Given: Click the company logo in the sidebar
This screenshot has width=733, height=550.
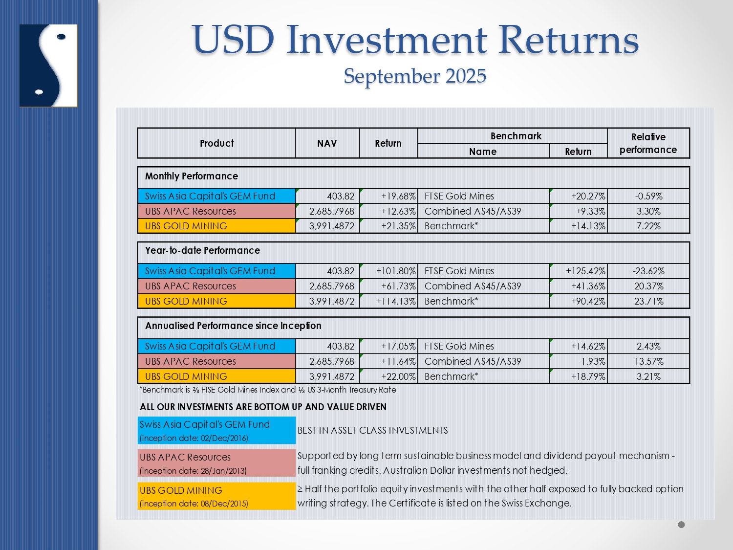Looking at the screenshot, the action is (48, 66).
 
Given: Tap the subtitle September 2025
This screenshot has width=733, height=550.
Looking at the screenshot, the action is (415, 76).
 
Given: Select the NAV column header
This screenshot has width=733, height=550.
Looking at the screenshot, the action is (327, 143).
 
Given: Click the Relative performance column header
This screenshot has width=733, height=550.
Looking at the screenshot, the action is (648, 143).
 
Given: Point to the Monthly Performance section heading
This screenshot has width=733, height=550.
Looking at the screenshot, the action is (192, 176).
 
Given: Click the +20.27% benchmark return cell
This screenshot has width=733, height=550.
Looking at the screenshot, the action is (588, 196).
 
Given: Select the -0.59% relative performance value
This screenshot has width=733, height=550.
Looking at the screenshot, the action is (648, 196).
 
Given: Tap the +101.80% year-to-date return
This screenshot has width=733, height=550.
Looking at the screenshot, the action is (396, 271).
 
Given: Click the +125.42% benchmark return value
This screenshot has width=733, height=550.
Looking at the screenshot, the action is (585, 271).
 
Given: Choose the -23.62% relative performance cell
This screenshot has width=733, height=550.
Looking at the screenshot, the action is (648, 271).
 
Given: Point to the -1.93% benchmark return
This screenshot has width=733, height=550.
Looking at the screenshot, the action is (592, 361).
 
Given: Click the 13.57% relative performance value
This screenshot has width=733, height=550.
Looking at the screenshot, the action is (648, 361).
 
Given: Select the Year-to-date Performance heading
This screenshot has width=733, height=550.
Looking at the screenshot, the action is (202, 250).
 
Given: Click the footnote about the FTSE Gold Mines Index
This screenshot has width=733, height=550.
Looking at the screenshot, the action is (267, 390).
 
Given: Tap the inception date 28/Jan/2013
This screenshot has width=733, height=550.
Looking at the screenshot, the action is (194, 471).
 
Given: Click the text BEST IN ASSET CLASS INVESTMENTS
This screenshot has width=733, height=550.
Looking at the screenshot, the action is (373, 430).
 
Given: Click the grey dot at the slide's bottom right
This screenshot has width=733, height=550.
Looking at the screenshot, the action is (681, 525).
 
